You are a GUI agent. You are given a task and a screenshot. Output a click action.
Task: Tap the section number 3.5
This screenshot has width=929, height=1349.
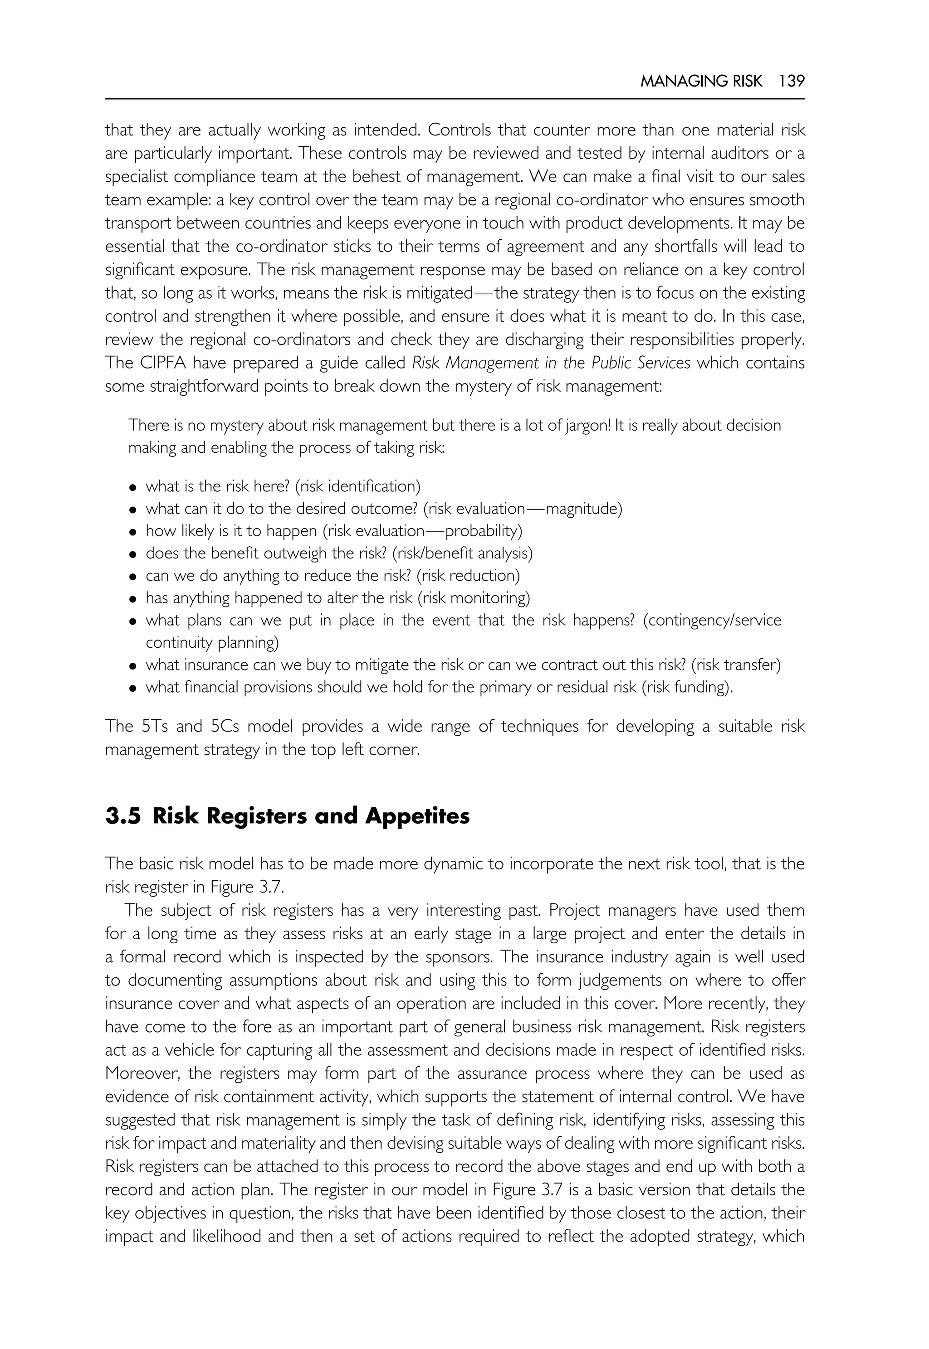[x=123, y=816]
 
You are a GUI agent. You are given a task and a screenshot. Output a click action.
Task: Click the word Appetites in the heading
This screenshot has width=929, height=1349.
[x=417, y=816]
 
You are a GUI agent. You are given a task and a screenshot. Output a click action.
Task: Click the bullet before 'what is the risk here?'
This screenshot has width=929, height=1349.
[x=133, y=487]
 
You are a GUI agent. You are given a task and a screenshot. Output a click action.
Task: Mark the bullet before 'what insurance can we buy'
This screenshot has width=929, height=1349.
[x=133, y=666]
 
